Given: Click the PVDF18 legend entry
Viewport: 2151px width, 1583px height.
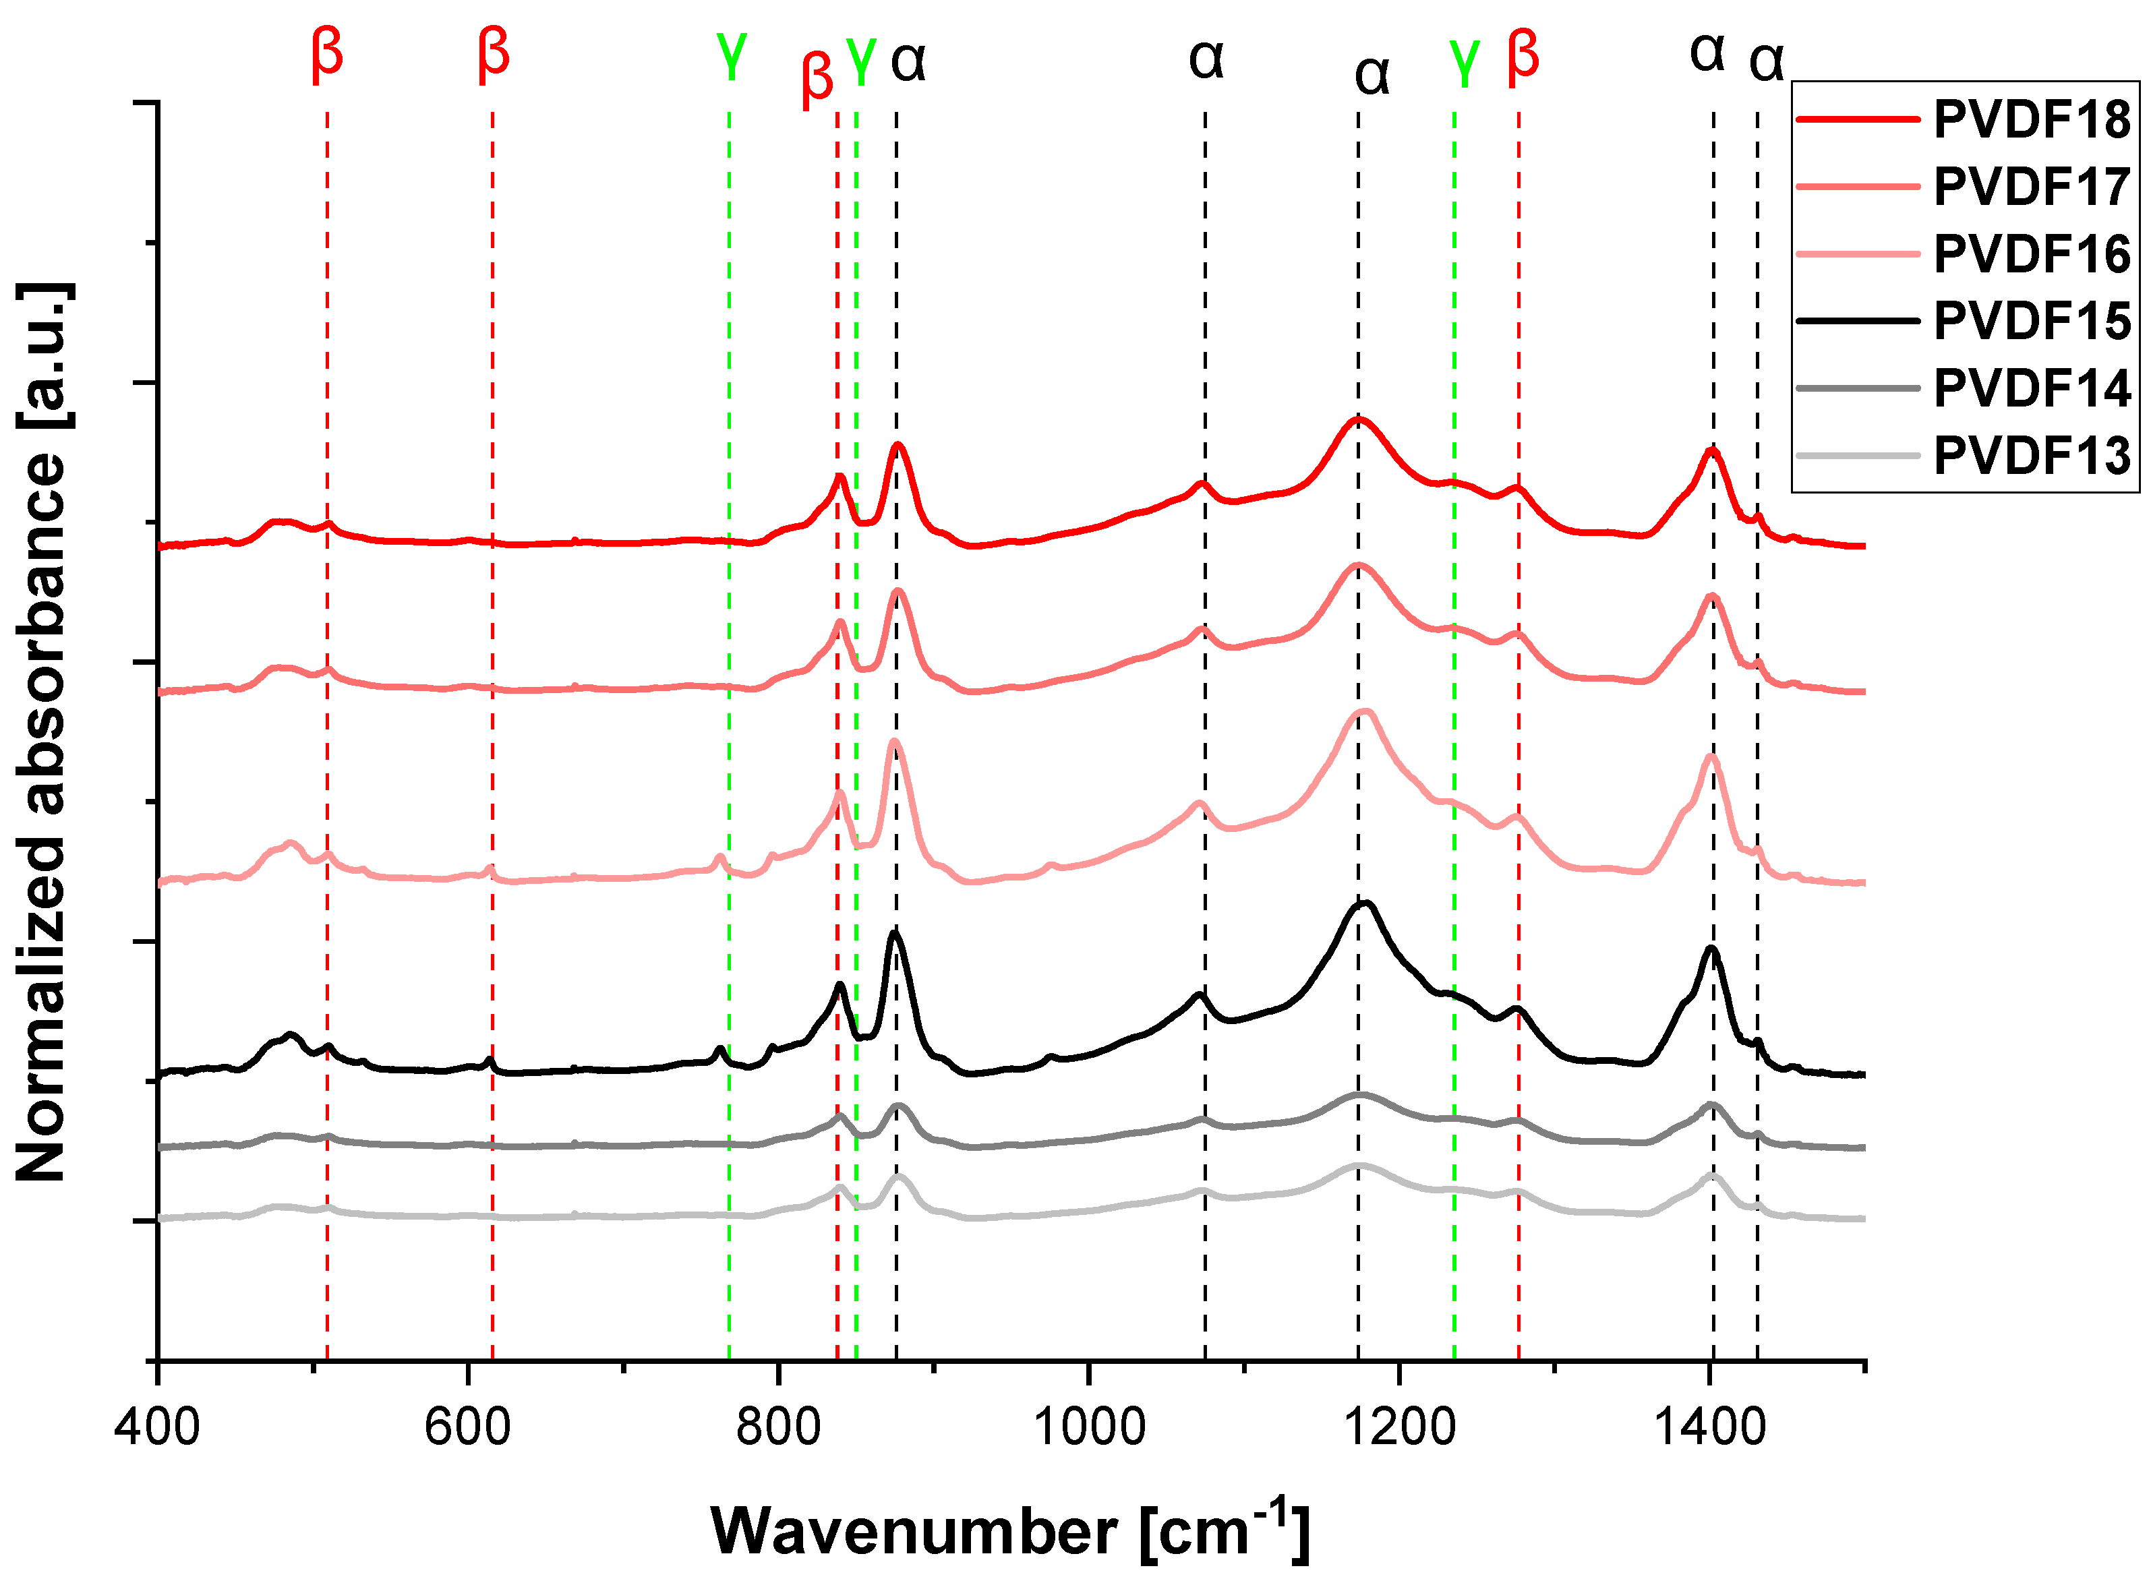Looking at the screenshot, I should point(2030,120).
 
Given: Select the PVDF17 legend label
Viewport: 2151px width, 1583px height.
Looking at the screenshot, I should point(2030,187).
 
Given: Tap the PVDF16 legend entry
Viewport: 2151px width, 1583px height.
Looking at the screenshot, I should point(2030,254).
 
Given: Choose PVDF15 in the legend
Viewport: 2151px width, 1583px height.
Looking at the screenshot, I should point(2030,321).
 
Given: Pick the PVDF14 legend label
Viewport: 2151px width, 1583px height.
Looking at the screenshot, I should point(2030,388).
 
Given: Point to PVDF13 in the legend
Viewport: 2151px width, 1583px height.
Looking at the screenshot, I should point(2030,455).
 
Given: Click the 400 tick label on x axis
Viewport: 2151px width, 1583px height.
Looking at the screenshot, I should point(157,1427).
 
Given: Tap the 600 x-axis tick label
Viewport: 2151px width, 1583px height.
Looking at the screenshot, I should point(467,1427).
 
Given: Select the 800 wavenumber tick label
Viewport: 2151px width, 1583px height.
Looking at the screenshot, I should point(778,1427).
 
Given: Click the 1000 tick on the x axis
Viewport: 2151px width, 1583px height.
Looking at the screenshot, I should point(1088,1427).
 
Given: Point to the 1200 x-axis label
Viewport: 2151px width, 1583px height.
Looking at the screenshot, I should point(1399,1427).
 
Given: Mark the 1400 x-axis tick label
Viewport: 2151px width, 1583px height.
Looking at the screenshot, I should point(1709,1427).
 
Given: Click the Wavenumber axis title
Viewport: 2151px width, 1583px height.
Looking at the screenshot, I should point(1009,1531).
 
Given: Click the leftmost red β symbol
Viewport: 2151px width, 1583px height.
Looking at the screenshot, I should point(327,55).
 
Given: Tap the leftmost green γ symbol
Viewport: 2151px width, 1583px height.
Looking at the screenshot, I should point(731,57).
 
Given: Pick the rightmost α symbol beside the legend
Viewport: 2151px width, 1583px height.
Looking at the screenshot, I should point(1766,63).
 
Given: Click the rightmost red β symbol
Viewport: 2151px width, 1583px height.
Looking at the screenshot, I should point(1523,57).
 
